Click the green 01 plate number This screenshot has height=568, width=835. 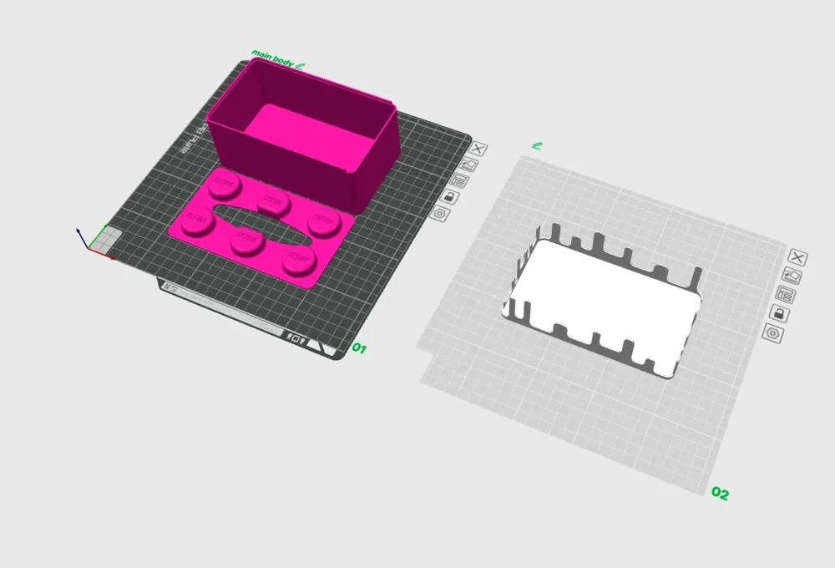point(360,347)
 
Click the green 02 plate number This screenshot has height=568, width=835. point(720,494)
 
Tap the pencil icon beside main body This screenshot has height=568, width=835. point(301,64)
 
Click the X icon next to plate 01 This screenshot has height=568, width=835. point(478,150)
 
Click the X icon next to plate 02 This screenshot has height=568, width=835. point(797,257)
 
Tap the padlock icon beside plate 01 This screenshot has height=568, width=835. point(449,197)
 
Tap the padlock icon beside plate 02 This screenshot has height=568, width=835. point(777,313)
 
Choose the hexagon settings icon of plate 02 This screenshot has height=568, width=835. point(772,333)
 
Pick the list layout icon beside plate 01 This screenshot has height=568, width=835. point(458,180)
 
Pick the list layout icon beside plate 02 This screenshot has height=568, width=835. point(785,294)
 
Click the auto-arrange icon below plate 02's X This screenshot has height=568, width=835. point(792,276)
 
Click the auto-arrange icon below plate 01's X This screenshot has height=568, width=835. point(468,165)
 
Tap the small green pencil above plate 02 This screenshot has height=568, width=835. point(537,146)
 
